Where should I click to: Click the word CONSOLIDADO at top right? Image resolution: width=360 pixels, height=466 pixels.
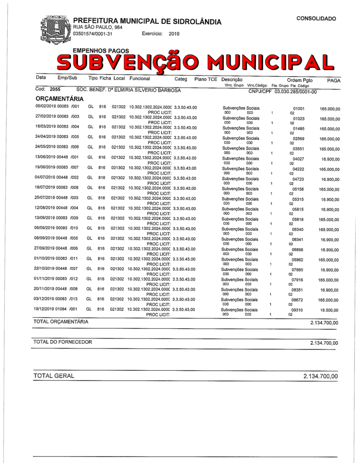(316, 19)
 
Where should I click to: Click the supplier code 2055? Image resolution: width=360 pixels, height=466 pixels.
(55, 90)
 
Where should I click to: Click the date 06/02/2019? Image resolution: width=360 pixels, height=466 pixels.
(45, 107)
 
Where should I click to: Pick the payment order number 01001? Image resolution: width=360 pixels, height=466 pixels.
(298, 109)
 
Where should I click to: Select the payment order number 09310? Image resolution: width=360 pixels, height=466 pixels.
(297, 311)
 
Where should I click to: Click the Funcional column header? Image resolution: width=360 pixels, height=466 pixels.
(140, 79)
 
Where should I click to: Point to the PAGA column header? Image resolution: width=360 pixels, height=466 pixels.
(334, 80)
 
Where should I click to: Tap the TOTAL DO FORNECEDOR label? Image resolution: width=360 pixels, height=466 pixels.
(63, 342)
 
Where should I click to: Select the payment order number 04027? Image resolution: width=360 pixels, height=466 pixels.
(298, 159)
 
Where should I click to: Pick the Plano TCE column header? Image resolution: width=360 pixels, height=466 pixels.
(206, 79)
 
